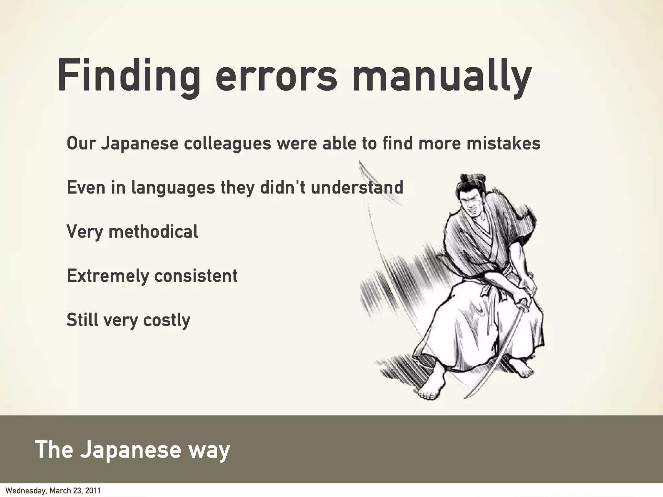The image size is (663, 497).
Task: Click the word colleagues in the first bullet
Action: [x=227, y=144]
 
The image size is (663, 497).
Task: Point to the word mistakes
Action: [x=503, y=144]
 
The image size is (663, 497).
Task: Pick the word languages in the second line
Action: [x=173, y=188]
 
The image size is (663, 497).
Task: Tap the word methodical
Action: [x=153, y=232]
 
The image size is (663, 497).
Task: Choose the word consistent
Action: [x=196, y=276]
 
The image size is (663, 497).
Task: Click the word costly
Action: [x=167, y=320]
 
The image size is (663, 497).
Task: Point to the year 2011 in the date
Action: [x=94, y=491]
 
